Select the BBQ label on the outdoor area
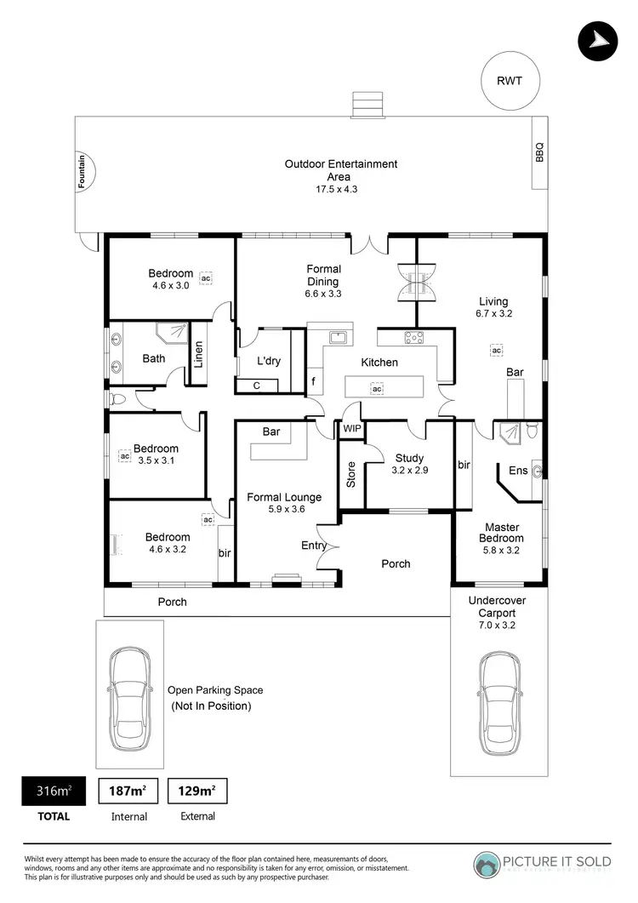click(x=538, y=153)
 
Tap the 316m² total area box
click(x=53, y=791)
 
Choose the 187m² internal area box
click(x=128, y=791)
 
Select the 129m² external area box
click(x=197, y=791)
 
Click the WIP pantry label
click(x=351, y=430)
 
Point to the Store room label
click(x=351, y=474)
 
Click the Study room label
click(x=409, y=458)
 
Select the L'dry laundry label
click(x=269, y=361)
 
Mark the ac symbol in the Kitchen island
click(x=376, y=389)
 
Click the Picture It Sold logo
click(x=543, y=861)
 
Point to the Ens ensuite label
click(x=517, y=471)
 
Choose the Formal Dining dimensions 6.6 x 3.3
click(x=323, y=294)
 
